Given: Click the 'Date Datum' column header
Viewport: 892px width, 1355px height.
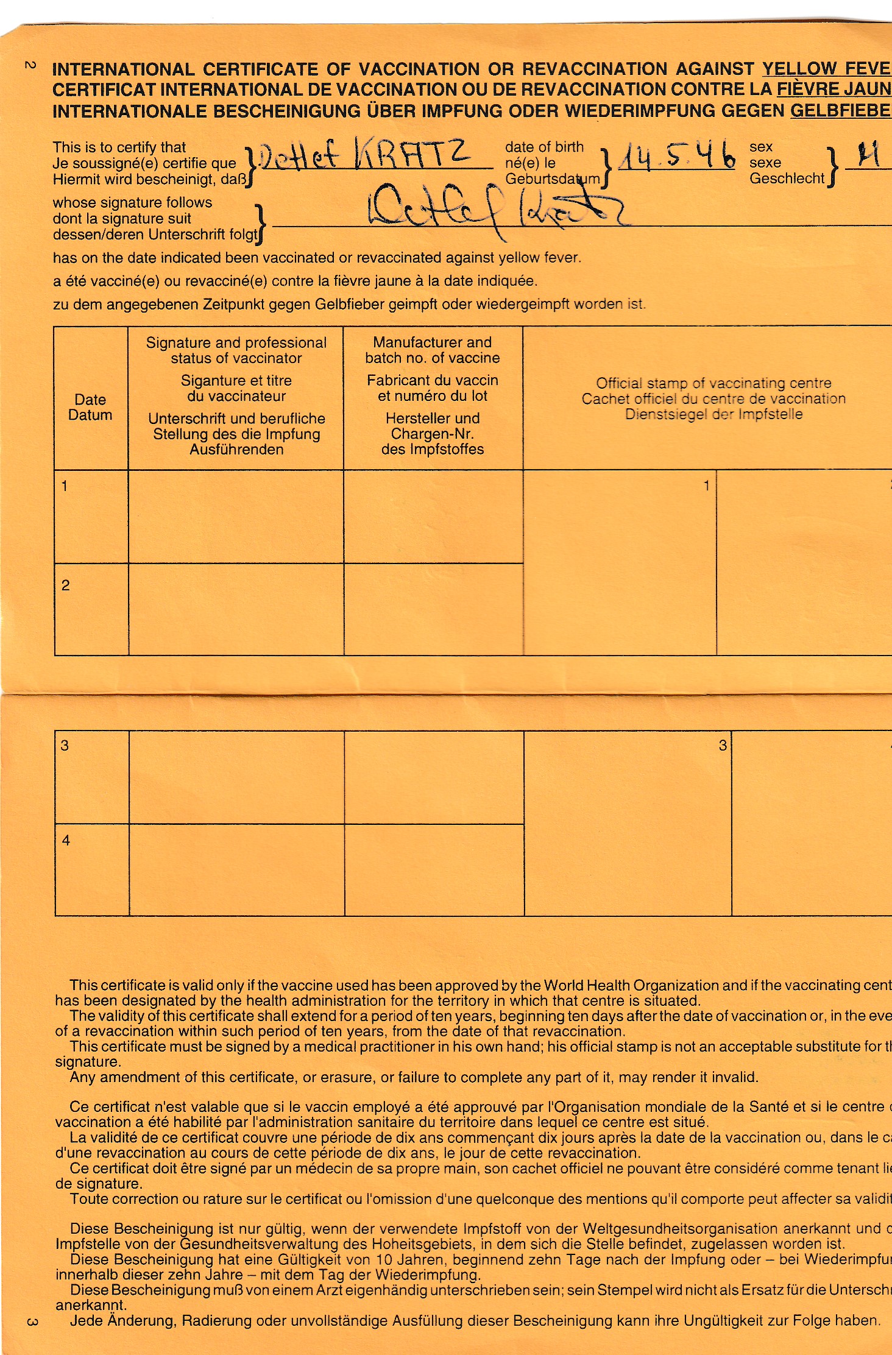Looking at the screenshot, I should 90,407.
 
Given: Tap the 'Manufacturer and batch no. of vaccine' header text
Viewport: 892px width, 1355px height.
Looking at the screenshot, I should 433,350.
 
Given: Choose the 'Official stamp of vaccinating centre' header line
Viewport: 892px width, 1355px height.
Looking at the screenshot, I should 713,383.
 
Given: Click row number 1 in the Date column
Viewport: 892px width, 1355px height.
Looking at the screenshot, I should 65,486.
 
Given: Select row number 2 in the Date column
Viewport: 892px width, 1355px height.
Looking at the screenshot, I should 66,586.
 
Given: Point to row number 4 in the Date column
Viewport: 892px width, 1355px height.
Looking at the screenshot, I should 66,841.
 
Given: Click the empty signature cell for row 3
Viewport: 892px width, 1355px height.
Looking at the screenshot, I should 236,777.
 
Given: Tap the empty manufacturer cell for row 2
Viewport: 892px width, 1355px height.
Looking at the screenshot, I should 433,609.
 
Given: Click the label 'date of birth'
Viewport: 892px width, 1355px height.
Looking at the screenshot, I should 544,147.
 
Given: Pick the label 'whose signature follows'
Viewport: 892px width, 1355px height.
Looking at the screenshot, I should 132,202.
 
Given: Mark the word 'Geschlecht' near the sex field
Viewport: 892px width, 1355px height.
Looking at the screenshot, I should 787,179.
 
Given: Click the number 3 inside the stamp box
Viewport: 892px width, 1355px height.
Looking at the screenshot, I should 723,745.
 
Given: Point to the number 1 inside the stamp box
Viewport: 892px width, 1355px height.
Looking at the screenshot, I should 706,486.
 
